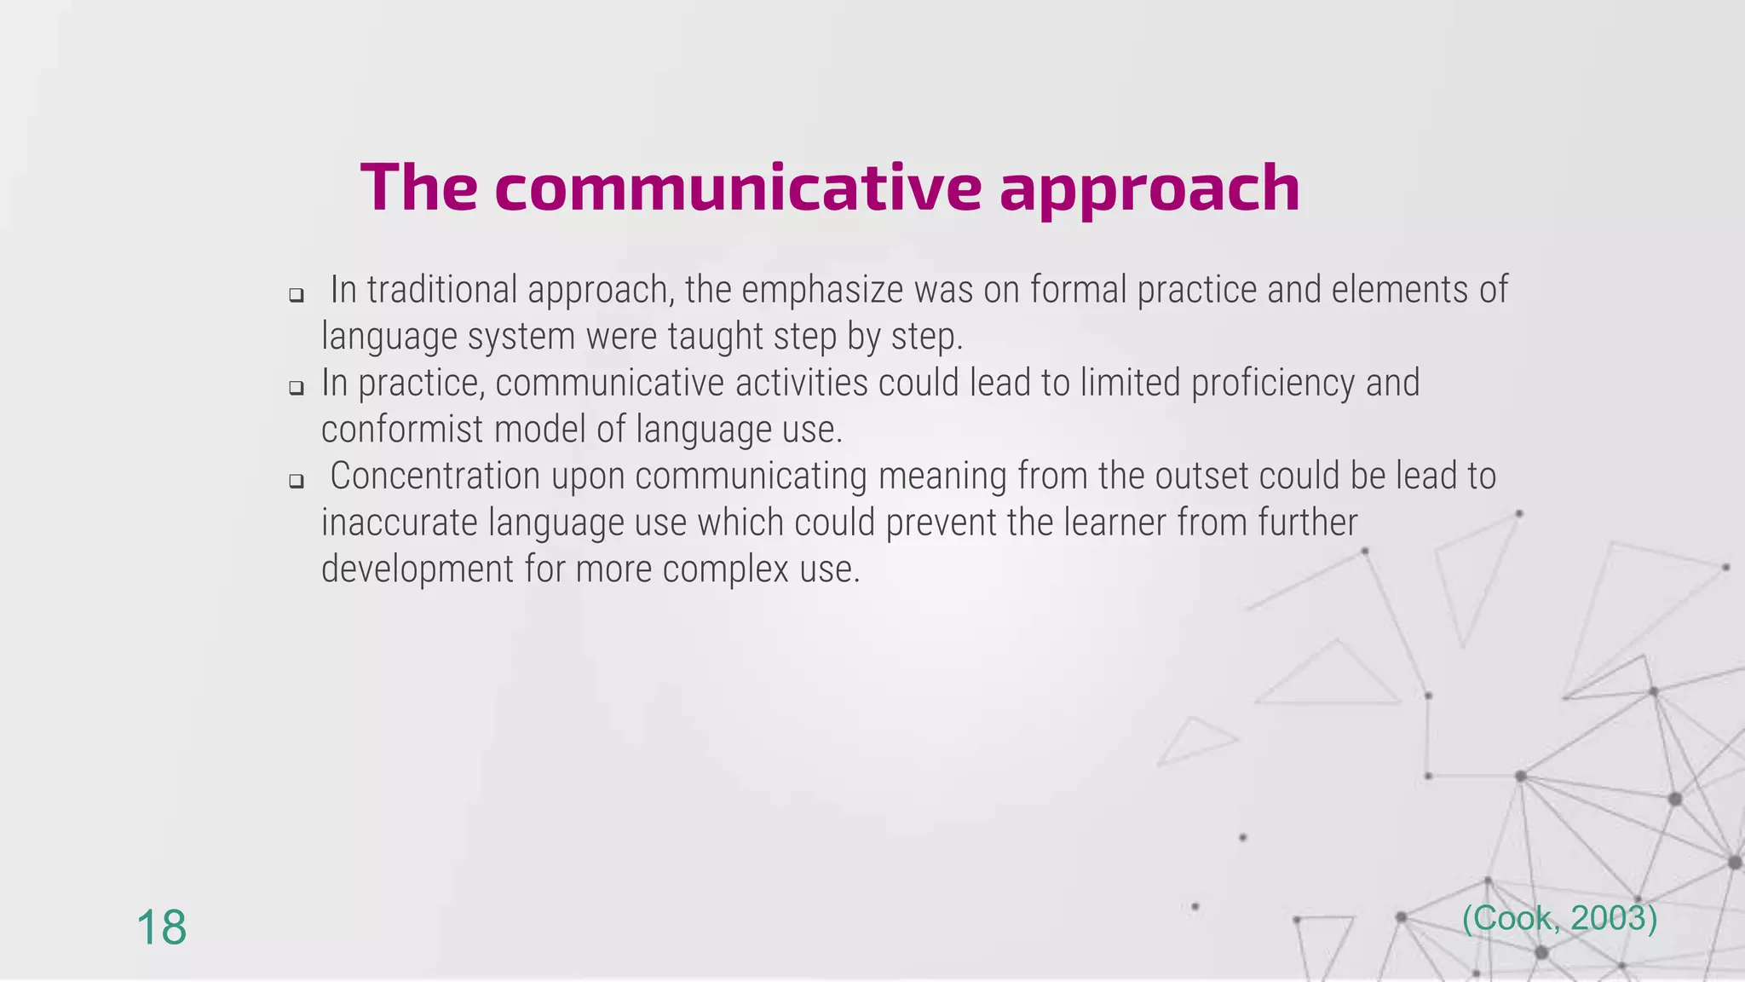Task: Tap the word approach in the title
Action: (x=1149, y=189)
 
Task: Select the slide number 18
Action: (x=161, y=927)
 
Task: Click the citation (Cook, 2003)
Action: (x=1559, y=918)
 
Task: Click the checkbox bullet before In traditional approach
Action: (x=296, y=296)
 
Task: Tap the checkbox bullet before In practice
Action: (x=296, y=388)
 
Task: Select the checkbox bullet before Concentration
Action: (x=296, y=481)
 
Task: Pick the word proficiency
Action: (x=1273, y=384)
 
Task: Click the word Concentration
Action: (x=435, y=476)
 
